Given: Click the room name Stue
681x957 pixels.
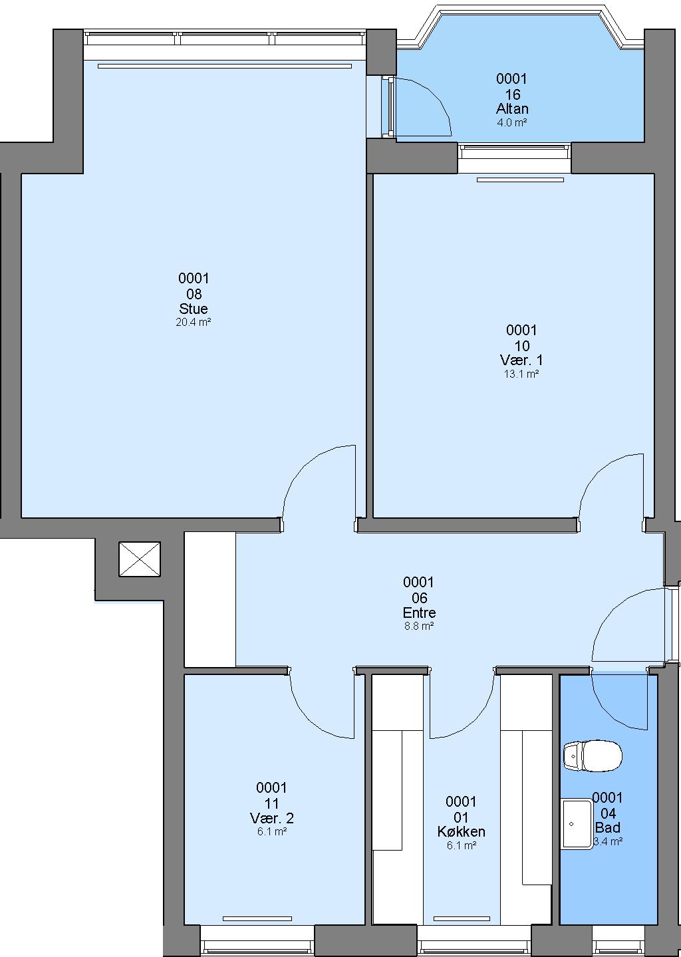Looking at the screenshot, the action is pos(194,309).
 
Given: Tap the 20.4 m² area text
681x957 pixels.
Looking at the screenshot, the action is pos(194,322).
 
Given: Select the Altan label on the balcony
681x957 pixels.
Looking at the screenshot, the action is pos(512,108).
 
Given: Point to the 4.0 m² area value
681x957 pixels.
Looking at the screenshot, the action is pos(512,122).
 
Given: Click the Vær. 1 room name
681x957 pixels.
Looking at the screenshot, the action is pos(521,360).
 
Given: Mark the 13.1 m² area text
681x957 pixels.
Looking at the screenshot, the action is pos(521,374).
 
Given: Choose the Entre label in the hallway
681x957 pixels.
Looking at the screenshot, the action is pos(419,613).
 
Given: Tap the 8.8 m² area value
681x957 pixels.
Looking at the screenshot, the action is pos(419,626).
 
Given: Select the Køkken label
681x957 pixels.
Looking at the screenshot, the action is pos(461,831).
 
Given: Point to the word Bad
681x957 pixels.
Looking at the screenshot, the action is pos(608,827).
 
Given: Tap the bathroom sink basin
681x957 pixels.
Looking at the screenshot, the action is pos(577,823).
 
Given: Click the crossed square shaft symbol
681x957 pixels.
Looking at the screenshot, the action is pos(140,559).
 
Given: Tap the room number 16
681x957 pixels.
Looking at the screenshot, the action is pos(512,94).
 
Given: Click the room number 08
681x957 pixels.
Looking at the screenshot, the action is pos(194,294).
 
